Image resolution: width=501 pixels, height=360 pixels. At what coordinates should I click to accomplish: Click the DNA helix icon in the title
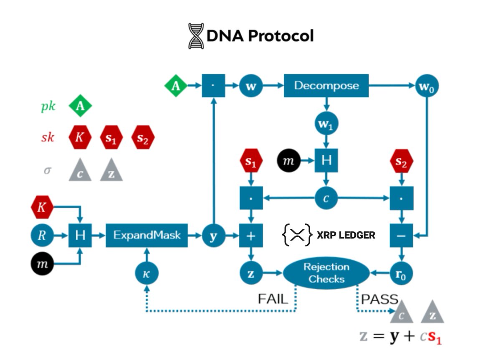(x=196, y=36)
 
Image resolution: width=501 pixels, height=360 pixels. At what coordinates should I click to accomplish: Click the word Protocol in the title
(x=281, y=36)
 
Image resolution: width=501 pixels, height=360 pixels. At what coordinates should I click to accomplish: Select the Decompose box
(x=326, y=86)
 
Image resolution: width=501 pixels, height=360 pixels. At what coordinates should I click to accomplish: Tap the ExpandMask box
(x=147, y=235)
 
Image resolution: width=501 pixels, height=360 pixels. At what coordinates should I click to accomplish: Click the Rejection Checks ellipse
(x=326, y=273)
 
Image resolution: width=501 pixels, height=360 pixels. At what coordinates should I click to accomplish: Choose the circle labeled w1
(x=326, y=124)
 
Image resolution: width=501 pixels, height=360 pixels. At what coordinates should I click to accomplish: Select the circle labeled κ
(x=146, y=274)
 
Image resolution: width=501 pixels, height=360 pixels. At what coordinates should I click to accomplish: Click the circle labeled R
(x=42, y=236)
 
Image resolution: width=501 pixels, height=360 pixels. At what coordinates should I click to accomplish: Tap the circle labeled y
(x=213, y=236)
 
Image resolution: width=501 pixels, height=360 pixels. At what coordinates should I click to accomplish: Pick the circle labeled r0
(x=402, y=274)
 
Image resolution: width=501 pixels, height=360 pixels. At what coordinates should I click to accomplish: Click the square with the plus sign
(x=251, y=236)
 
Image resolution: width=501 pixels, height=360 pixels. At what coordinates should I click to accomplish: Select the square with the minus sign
(x=401, y=236)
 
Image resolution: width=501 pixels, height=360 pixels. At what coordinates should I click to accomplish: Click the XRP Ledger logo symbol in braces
(x=297, y=235)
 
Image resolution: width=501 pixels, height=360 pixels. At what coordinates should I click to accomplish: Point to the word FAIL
(x=273, y=299)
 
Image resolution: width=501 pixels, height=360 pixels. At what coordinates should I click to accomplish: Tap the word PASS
(x=379, y=299)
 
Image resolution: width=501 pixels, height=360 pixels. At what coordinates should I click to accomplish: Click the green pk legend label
(x=48, y=106)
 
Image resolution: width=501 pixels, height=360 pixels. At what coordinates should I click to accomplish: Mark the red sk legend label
(x=48, y=137)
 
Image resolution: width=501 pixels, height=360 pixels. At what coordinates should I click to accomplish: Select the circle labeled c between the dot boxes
(x=326, y=198)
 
